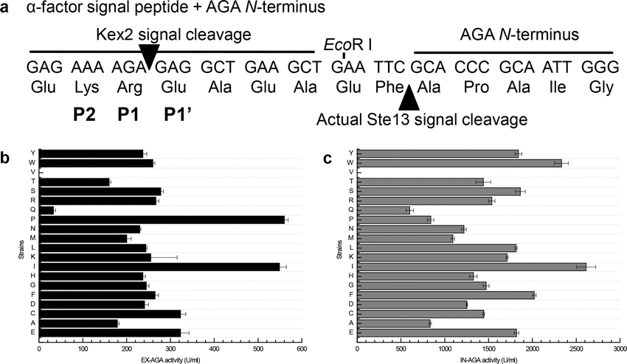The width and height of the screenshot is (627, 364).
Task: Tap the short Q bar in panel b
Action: [x=46, y=210]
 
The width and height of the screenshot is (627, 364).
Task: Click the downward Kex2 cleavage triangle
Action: [x=149, y=57]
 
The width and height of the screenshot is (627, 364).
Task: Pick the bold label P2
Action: [x=86, y=113]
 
